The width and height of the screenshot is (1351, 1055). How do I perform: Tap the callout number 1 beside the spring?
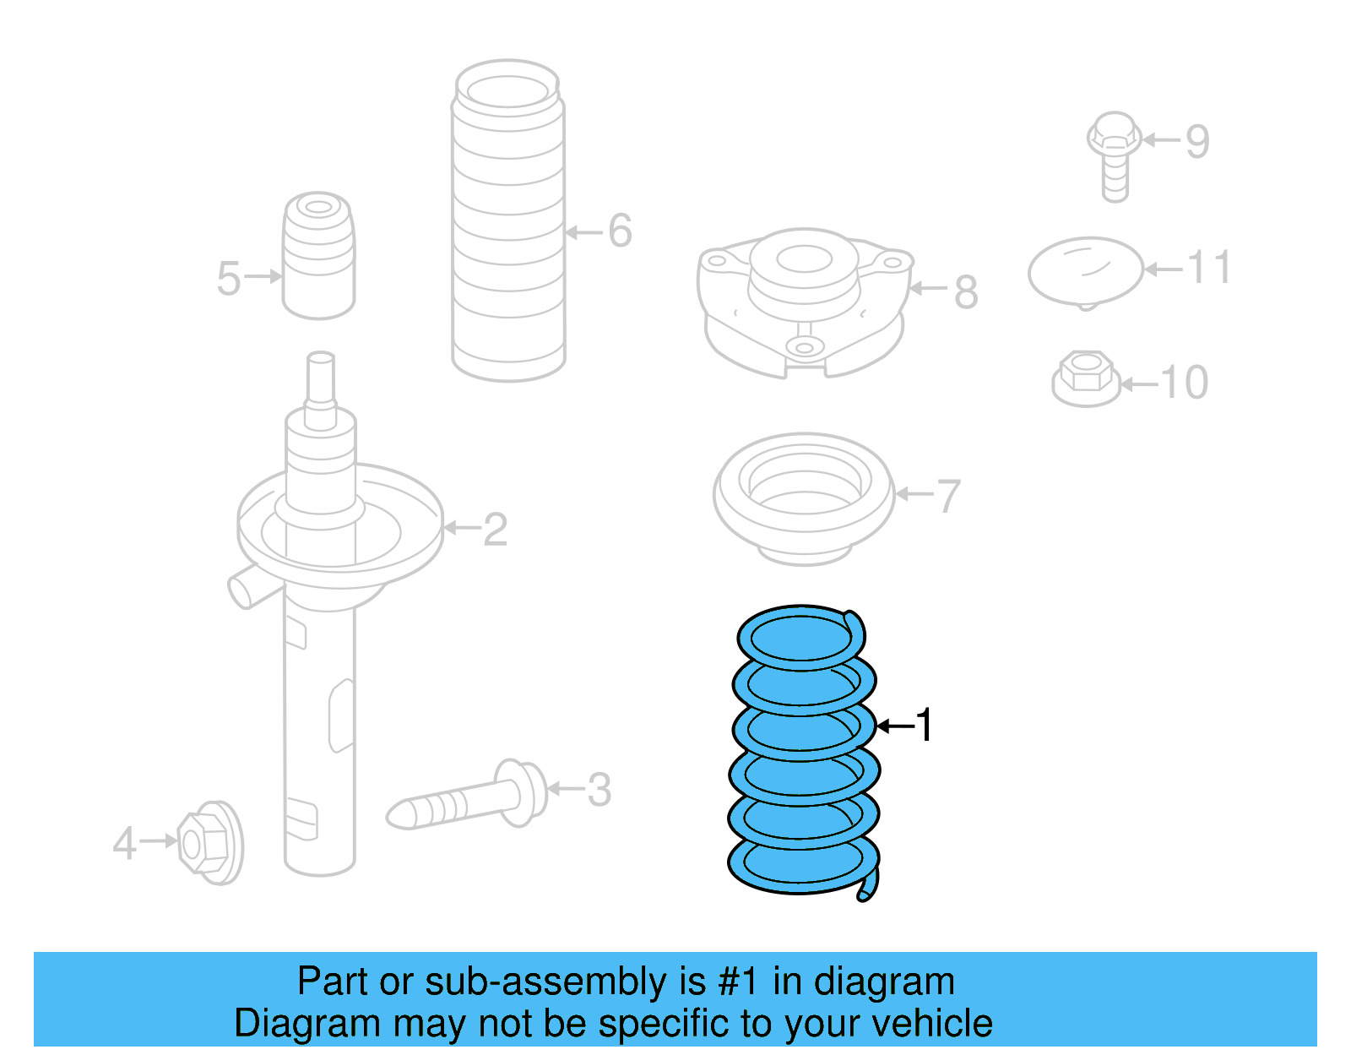(x=925, y=726)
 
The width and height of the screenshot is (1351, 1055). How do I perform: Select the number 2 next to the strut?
(x=495, y=530)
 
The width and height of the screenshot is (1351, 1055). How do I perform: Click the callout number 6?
(x=620, y=231)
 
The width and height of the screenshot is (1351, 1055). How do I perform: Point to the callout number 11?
(x=1209, y=268)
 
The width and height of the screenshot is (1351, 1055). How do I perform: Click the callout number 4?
(x=125, y=843)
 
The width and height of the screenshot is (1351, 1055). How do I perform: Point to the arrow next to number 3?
(x=566, y=790)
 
